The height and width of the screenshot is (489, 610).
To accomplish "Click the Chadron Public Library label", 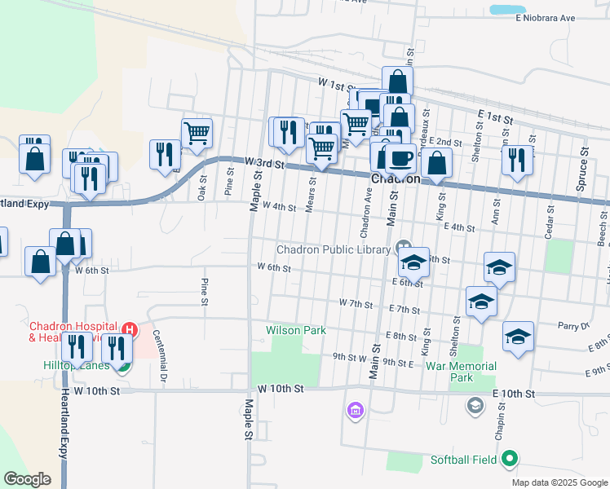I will coord(334,249).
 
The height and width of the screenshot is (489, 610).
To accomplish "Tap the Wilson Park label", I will coord(295,330).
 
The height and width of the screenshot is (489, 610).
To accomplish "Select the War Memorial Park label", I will coord(462,372).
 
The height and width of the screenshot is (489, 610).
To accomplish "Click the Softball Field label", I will coord(463,460).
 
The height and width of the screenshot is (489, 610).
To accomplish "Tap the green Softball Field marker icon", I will coord(510,459).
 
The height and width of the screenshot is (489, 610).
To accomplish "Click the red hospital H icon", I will coord(129,330).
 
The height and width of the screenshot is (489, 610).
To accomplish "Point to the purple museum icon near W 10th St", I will coord(355,408).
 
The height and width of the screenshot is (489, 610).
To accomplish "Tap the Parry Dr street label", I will coord(573,325).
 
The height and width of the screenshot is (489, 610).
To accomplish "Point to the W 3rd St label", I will coord(263,164).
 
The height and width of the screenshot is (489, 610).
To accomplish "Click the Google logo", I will coord(27,478).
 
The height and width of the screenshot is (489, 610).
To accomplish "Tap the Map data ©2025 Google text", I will coord(559,482).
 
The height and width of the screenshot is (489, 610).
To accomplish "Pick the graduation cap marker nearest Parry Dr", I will coord(518,337).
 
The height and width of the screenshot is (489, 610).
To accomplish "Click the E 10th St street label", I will coord(513,394).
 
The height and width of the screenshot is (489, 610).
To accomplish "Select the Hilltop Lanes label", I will coord(76,366).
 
